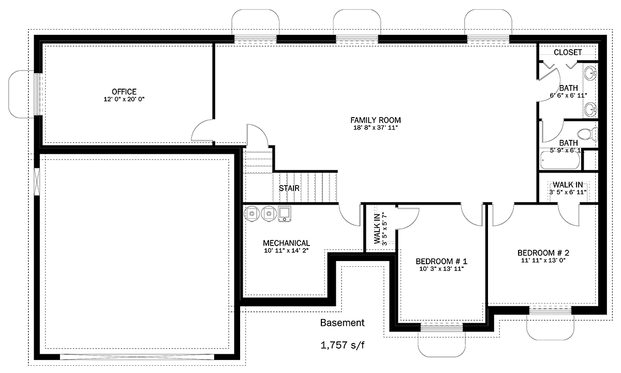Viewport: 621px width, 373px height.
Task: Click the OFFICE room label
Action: pyautogui.click(x=124, y=91)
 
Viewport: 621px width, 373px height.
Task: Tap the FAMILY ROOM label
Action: pyautogui.click(x=375, y=120)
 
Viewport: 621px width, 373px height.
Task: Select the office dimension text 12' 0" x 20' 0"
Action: pyautogui.click(x=124, y=99)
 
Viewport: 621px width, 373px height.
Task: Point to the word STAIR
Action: pyautogui.click(x=289, y=188)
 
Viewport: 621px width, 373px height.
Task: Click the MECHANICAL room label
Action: pyautogui.click(x=286, y=243)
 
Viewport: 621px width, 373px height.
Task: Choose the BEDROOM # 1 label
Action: pyautogui.click(x=441, y=261)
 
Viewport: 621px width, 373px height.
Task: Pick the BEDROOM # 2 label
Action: pyautogui.click(x=543, y=253)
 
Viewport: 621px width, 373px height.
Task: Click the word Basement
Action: pyautogui.click(x=343, y=322)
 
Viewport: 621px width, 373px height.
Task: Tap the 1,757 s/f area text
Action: pyautogui.click(x=343, y=345)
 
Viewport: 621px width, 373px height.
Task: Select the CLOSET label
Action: pyautogui.click(x=568, y=52)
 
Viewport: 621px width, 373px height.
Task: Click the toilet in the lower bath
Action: pyautogui.click(x=587, y=134)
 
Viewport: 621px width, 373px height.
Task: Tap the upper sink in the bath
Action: pyautogui.click(x=590, y=73)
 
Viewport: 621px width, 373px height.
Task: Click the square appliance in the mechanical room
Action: pyautogui.click(x=285, y=213)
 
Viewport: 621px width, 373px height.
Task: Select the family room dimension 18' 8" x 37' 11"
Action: pyautogui.click(x=375, y=127)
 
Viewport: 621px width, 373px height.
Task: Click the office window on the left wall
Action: pyautogui.click(x=37, y=94)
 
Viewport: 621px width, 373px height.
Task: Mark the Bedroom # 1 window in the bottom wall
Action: pyautogui.click(x=442, y=328)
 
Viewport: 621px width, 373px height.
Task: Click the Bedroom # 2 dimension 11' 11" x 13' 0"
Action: pyautogui.click(x=543, y=260)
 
